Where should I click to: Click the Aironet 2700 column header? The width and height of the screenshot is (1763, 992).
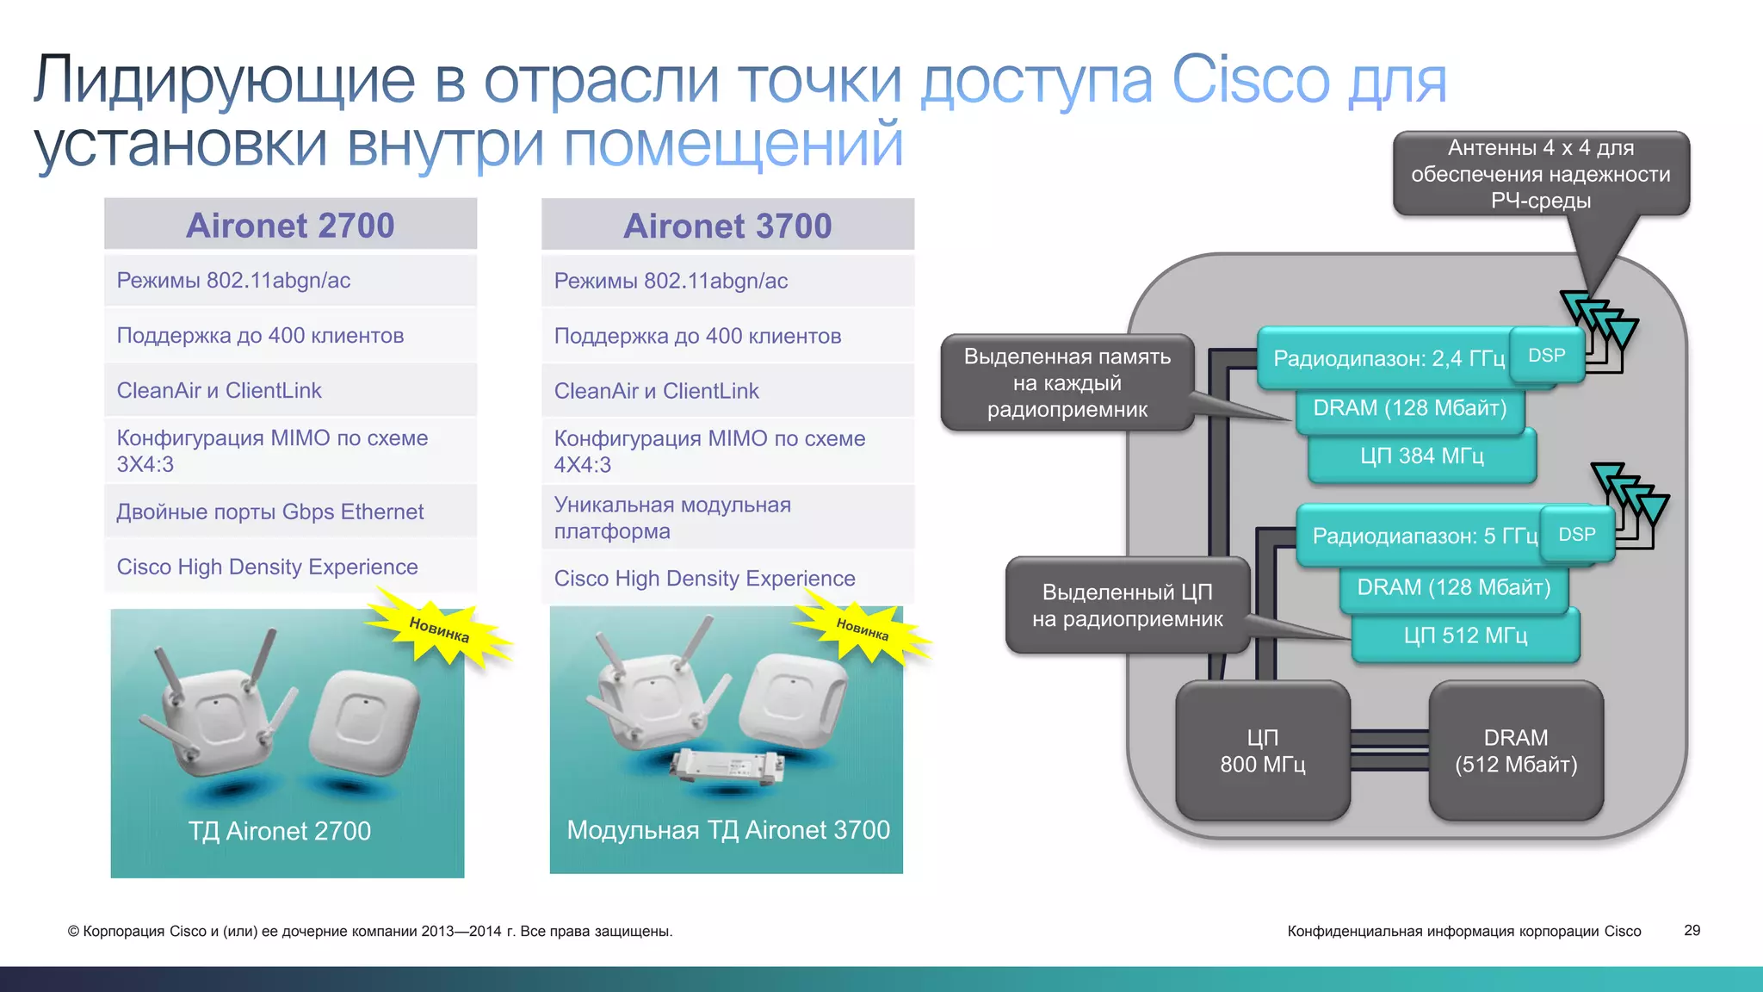click(x=290, y=226)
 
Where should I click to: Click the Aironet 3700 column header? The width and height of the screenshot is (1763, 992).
click(x=727, y=226)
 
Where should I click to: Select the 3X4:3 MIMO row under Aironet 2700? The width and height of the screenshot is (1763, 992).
click(x=290, y=450)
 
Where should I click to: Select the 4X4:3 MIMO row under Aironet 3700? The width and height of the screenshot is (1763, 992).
click(x=727, y=451)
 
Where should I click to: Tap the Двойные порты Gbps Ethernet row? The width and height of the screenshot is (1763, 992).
click(x=290, y=512)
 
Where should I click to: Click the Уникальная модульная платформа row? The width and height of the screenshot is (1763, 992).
click(x=727, y=518)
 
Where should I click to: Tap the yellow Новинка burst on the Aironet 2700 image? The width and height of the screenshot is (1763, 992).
click(x=439, y=629)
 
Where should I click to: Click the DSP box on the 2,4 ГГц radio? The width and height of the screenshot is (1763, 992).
click(x=1547, y=356)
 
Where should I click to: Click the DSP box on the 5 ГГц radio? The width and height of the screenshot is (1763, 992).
click(x=1577, y=535)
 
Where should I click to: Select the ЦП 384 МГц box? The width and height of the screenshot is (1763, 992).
click(x=1422, y=456)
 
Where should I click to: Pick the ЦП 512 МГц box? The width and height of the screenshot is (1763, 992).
click(x=1465, y=636)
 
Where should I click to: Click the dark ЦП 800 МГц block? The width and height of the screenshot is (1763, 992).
click(x=1262, y=751)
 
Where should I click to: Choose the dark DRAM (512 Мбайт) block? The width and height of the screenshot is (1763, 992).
click(x=1516, y=751)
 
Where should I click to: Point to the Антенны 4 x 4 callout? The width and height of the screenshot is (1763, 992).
click(x=1541, y=174)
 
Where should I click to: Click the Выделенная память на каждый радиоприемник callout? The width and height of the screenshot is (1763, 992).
click(x=1067, y=383)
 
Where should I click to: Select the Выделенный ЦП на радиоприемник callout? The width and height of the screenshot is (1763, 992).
click(x=1127, y=605)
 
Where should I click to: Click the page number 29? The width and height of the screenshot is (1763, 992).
click(x=1692, y=931)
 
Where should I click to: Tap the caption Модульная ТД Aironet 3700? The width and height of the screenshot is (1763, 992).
click(x=727, y=830)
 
